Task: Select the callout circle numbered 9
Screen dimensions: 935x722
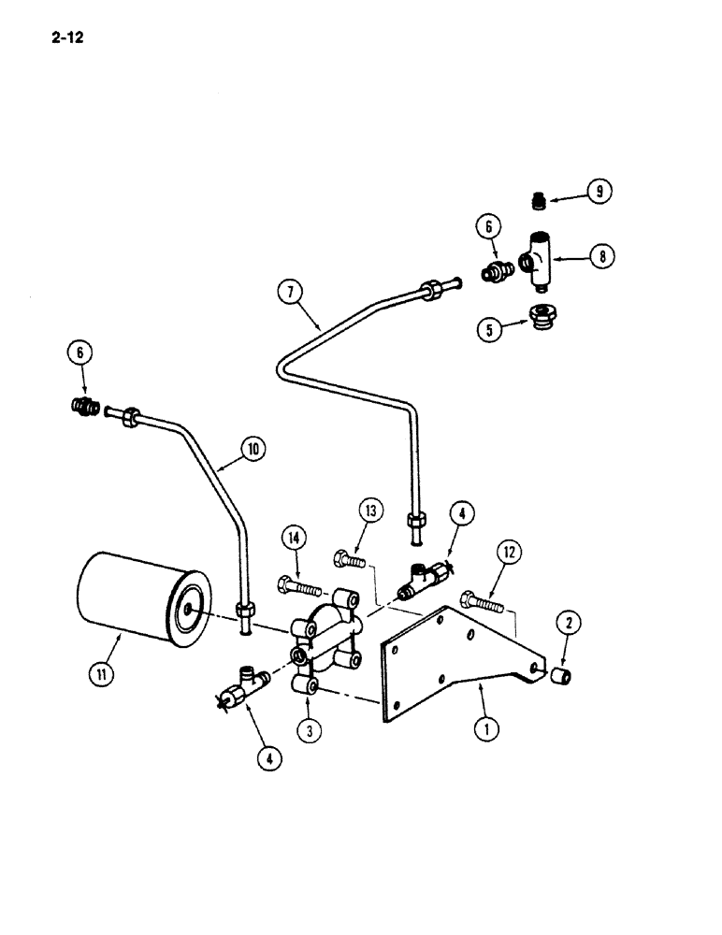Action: point(599,192)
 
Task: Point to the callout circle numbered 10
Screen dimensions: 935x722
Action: point(252,450)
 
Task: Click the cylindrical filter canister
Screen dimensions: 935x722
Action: point(139,597)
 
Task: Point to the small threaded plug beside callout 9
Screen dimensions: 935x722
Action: point(537,199)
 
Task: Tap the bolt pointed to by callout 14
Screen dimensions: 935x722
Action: point(297,589)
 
